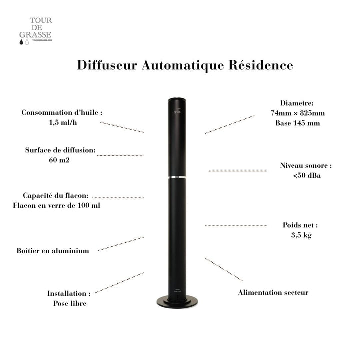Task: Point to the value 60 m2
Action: [x=60, y=160]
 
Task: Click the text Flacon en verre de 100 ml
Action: [x=56, y=205]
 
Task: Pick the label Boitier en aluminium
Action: [x=53, y=251]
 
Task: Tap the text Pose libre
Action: [x=69, y=303]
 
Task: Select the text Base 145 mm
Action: [x=297, y=123]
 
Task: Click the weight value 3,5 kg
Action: [x=301, y=235]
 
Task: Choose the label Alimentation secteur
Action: [x=273, y=292]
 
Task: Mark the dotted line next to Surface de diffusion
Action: [x=120, y=156]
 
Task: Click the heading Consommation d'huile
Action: [x=62, y=113]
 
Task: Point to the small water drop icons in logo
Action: [x=24, y=43]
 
